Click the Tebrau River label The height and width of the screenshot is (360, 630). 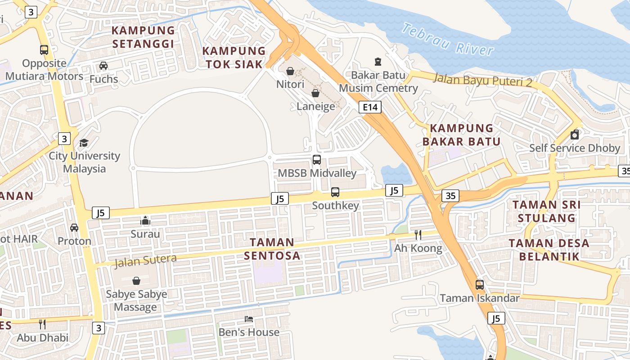(x=448, y=39)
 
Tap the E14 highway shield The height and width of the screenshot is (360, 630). (x=370, y=107)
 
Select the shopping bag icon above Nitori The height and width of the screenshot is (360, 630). (x=290, y=71)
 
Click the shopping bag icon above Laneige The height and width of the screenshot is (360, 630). (x=315, y=93)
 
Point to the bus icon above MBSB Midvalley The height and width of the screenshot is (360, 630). (x=317, y=160)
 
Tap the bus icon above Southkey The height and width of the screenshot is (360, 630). (x=335, y=192)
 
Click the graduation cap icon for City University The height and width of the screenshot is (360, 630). (x=84, y=143)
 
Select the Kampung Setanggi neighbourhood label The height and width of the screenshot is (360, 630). (x=143, y=37)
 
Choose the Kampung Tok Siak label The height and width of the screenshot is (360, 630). (x=234, y=57)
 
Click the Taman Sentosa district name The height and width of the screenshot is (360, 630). (x=272, y=249)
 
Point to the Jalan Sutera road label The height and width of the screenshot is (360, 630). (x=146, y=260)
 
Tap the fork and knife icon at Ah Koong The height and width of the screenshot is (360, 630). (x=418, y=234)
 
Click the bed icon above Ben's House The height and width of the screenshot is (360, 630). (x=249, y=319)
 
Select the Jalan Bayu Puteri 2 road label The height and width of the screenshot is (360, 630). (x=482, y=80)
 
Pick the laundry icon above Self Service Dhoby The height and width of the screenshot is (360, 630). (x=575, y=135)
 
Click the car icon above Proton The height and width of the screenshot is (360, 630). (x=74, y=228)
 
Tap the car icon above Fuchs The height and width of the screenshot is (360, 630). (x=103, y=66)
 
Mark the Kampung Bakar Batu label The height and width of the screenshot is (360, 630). (x=461, y=135)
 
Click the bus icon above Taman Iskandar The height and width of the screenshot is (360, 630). (x=480, y=285)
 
